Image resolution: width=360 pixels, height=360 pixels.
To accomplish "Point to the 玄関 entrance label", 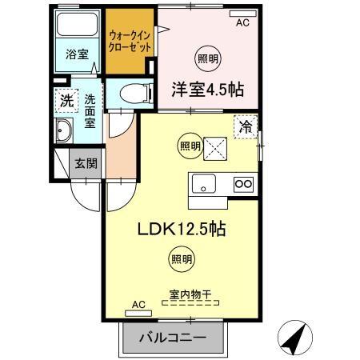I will click(x=86, y=162).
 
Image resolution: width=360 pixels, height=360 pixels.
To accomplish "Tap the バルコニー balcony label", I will click(x=171, y=338).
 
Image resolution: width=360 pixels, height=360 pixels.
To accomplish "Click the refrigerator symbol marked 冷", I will click(x=246, y=126).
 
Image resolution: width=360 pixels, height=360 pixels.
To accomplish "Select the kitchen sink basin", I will click(x=204, y=184).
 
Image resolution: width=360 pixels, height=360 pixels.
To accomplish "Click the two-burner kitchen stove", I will click(x=243, y=185).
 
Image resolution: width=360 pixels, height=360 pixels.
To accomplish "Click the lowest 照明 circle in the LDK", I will click(x=180, y=258).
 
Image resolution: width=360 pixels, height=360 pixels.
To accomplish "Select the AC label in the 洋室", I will click(x=242, y=23).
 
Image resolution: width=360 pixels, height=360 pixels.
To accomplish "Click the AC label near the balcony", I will click(x=138, y=304).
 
